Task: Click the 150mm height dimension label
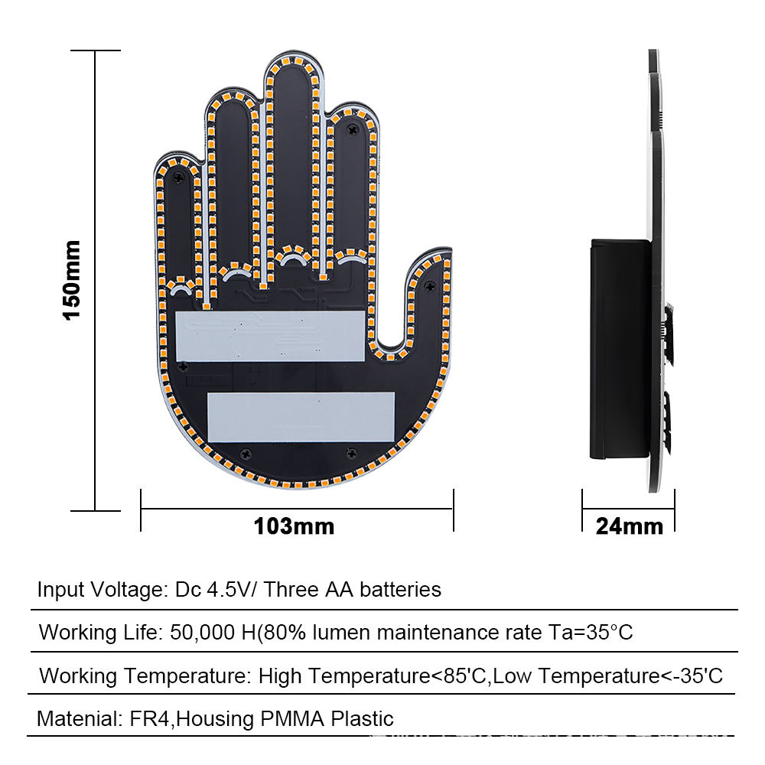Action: point(72,280)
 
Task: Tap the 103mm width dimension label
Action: point(295,526)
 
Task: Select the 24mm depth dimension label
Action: point(630,526)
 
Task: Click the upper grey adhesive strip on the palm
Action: point(270,336)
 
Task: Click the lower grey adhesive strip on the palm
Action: point(301,417)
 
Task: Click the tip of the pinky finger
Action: point(178,153)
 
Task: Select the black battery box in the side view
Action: point(620,349)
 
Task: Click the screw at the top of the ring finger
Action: point(352,130)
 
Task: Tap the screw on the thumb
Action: point(429,286)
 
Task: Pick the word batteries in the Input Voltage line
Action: point(401,589)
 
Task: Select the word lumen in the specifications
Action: point(341,633)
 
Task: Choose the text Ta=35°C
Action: point(591,633)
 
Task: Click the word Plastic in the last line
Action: point(362,718)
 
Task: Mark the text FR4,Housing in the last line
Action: point(192,719)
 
